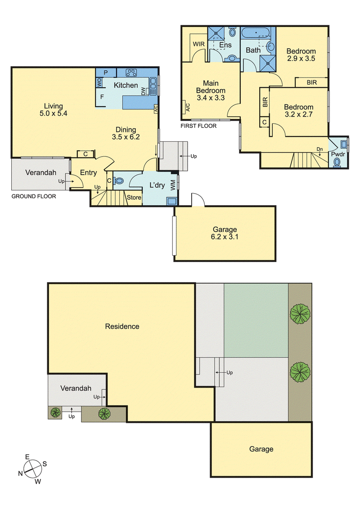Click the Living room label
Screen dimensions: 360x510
point(54,106)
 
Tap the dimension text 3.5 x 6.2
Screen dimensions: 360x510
point(126,137)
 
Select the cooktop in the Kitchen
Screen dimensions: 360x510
point(131,73)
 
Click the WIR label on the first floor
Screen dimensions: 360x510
point(199,44)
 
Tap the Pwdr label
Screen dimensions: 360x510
point(338,154)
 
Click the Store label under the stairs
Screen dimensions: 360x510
point(134,198)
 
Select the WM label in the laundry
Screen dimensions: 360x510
point(173,185)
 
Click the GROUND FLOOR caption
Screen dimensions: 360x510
point(34,196)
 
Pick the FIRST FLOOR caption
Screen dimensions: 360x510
point(198,126)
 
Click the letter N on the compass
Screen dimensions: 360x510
point(20,474)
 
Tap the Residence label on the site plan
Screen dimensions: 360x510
point(122,326)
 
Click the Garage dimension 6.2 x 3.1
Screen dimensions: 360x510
point(225,237)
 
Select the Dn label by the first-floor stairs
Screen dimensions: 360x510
point(319,149)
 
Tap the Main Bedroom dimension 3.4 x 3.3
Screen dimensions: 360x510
point(211,98)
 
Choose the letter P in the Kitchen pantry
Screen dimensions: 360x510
point(106,72)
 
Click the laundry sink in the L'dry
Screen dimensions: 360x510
point(171,201)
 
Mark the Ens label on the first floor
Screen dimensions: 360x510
point(225,45)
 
